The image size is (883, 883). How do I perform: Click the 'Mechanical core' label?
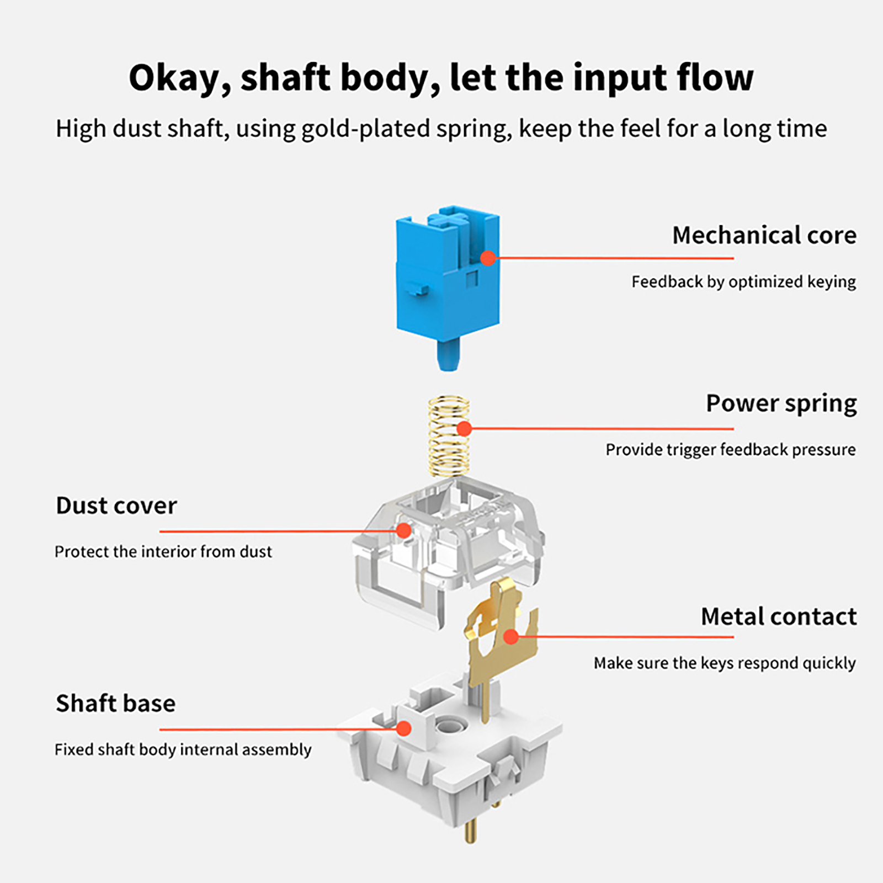[764, 236]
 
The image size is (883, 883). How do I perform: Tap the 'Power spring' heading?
[781, 403]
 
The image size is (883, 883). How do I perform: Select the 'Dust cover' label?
[116, 506]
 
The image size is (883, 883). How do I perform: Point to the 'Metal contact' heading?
[778, 617]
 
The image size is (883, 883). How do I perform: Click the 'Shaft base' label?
[116, 704]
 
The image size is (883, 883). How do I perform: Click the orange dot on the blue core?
[488, 258]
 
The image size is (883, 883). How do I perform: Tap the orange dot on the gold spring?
[464, 428]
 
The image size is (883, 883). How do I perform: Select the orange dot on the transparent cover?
[404, 530]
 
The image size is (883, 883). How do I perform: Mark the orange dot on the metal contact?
[511, 636]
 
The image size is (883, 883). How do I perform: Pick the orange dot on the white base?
[404, 728]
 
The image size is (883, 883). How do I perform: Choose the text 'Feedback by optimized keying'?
[743, 282]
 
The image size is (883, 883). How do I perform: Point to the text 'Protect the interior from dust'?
[163, 552]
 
